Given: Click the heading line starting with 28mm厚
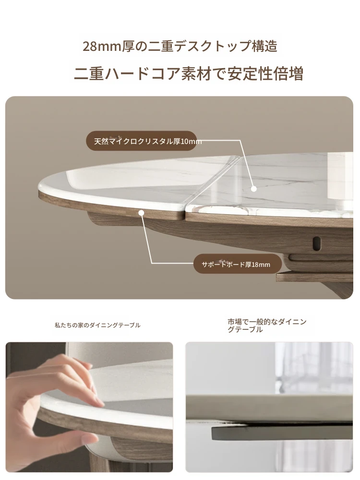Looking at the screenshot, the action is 180,47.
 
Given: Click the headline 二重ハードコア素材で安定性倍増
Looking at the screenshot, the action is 189,74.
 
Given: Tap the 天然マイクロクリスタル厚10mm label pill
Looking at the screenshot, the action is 142,141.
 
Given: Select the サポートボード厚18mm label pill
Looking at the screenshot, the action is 238,264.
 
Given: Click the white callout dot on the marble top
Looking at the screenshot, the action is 253,189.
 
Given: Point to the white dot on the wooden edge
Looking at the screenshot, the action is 141,213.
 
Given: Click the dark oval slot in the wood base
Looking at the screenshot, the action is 317,243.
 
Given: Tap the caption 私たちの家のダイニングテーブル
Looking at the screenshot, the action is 97,325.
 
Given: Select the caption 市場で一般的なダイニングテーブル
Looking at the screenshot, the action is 267,325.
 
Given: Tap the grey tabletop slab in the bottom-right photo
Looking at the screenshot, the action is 269,408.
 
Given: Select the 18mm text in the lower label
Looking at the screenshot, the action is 260,264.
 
